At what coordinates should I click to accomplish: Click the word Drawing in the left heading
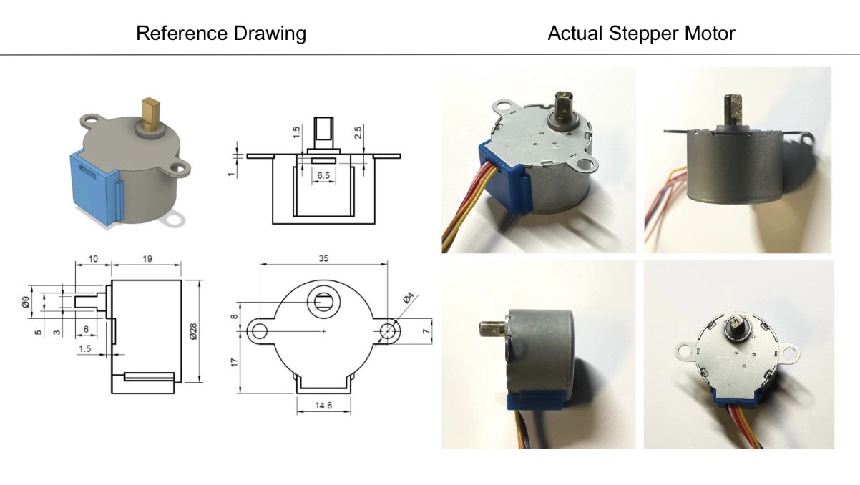pyautogui.click(x=270, y=34)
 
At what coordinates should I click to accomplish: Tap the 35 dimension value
pyautogui.click(x=323, y=258)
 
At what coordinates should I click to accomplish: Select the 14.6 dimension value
pyautogui.click(x=323, y=406)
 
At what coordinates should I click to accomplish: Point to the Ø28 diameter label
pyautogui.click(x=193, y=331)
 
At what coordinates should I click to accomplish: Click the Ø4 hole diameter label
pyautogui.click(x=409, y=298)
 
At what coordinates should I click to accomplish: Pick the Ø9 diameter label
pyautogui.click(x=26, y=302)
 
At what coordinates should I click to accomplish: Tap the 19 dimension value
pyautogui.click(x=147, y=259)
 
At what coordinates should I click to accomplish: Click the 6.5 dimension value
pyautogui.click(x=323, y=175)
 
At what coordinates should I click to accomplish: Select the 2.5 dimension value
pyautogui.click(x=358, y=132)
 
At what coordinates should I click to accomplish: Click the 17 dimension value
pyautogui.click(x=235, y=362)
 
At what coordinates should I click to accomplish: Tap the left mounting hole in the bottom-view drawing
pyautogui.click(x=260, y=331)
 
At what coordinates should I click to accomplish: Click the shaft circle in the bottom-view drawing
pyautogui.click(x=323, y=302)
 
